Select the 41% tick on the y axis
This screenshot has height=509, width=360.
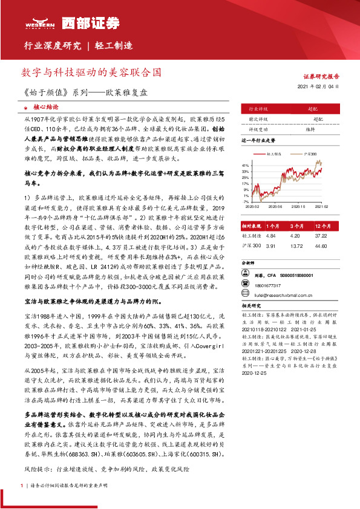pos(244,165)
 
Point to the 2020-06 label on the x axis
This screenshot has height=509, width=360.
pos(275,206)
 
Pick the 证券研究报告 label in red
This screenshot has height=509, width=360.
pos(321,77)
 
